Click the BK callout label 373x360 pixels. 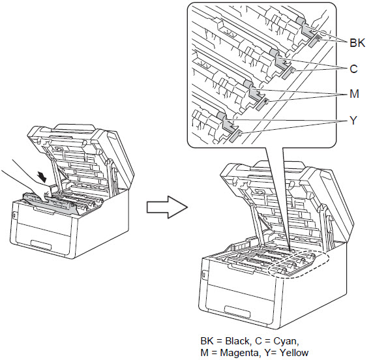[x=357, y=43]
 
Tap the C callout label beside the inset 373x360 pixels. [x=353, y=68]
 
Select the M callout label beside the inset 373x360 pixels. [x=354, y=94]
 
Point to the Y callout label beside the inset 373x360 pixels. [x=353, y=120]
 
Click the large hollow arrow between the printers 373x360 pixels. [x=167, y=207]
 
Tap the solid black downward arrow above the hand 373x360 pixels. [x=42, y=177]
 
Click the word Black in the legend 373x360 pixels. [x=237, y=341]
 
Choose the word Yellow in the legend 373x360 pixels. [x=294, y=352]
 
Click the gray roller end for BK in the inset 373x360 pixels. [x=301, y=21]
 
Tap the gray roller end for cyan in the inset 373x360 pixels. [x=275, y=53]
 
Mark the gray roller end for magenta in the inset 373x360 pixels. [x=248, y=84]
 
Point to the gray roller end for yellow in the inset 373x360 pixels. [x=222, y=115]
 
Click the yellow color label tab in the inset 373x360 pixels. [x=235, y=136]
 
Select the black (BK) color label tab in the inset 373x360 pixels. [x=315, y=40]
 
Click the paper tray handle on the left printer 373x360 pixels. [x=41, y=245]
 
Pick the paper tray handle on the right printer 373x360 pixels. [x=237, y=312]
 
